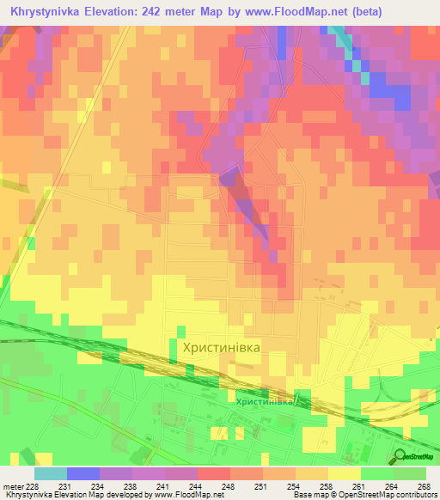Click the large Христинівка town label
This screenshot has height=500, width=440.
pos(221,347)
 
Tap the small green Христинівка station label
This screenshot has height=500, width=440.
pos(266,401)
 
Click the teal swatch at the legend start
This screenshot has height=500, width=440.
pos(51,473)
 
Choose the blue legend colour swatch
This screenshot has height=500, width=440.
pos(83,473)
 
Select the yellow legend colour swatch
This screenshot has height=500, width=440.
pos(345,473)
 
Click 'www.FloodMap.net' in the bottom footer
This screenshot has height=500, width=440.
pos(190,495)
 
